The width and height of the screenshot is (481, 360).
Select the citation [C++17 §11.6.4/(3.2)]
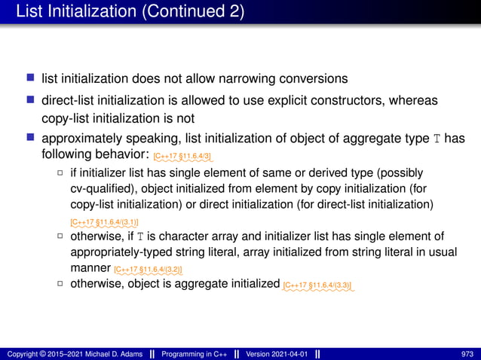[148, 269]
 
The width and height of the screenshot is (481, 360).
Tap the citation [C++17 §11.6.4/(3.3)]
[317, 285]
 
